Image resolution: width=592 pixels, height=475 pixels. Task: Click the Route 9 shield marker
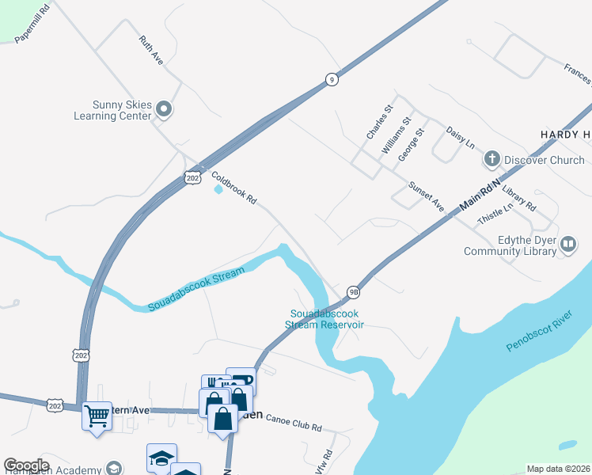tap(332, 79)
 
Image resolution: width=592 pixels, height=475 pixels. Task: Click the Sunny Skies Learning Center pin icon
tap(165, 109)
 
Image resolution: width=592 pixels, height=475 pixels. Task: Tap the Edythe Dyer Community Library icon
tap(567, 245)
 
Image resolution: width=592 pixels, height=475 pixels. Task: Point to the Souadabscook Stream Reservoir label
tap(325, 319)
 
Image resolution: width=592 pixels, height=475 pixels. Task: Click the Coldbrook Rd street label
tap(234, 188)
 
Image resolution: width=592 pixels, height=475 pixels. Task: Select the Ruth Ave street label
tap(150, 50)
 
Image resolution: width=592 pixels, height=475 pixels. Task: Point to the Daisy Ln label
tap(460, 137)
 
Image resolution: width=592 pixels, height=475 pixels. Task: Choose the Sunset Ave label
tap(426, 196)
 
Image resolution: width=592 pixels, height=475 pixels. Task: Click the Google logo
tap(26, 465)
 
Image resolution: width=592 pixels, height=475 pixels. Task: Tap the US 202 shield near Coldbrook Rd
tap(193, 177)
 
